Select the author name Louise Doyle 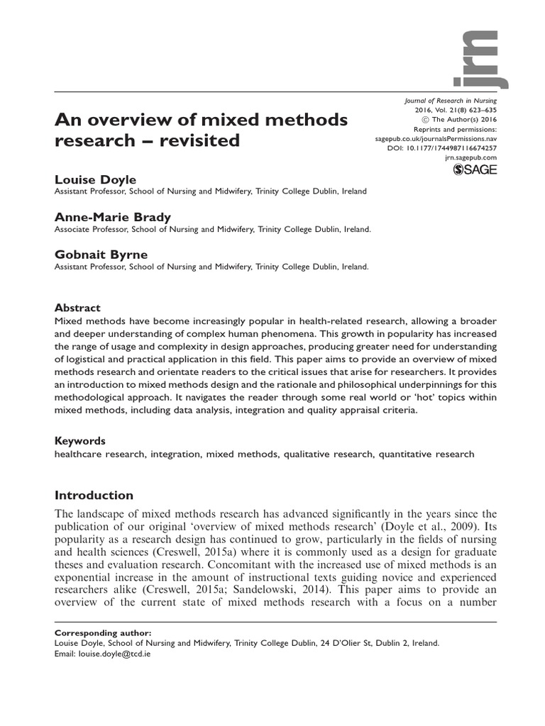(91, 180)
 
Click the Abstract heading (77, 308)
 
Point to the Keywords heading (80, 440)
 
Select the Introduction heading (94, 495)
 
